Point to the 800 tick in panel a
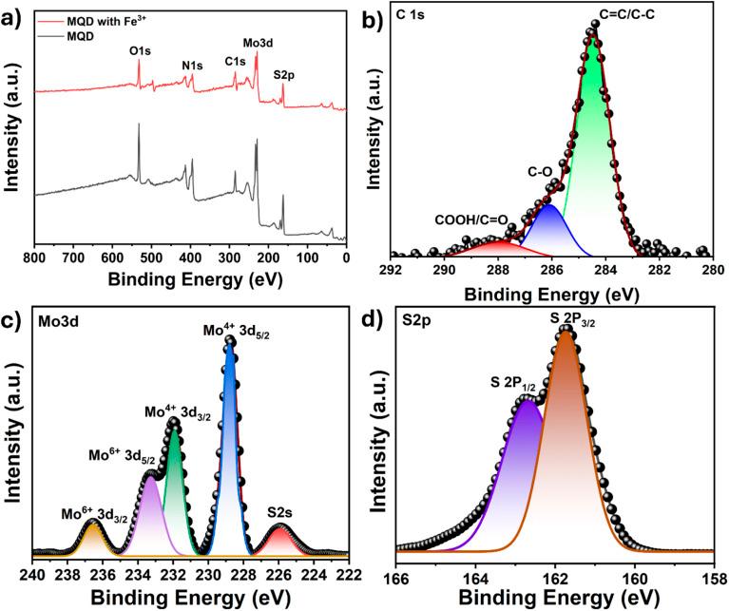[36, 256]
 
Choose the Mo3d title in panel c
[54, 321]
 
